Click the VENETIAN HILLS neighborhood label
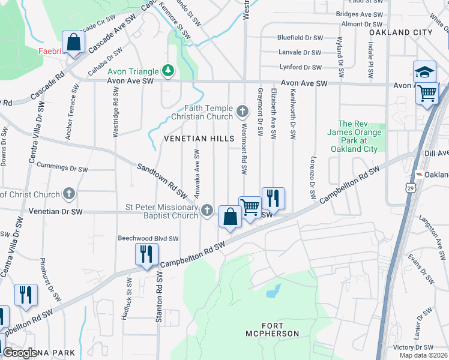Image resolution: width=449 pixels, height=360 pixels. [x=199, y=139]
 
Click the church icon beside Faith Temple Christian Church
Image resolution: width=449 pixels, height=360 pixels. [x=243, y=110]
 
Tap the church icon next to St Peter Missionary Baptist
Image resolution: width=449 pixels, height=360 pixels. [x=207, y=210]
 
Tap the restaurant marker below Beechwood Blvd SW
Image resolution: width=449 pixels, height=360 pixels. [x=146, y=254]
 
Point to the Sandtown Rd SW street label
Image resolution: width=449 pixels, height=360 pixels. [x=161, y=181]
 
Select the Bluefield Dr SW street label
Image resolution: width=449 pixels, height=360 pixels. [x=300, y=37]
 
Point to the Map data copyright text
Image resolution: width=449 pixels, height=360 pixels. [x=423, y=355]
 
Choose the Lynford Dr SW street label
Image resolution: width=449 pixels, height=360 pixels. [x=300, y=67]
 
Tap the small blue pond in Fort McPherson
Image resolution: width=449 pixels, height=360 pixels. [x=273, y=291]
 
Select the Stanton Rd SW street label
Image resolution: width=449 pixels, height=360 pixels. [x=160, y=297]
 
